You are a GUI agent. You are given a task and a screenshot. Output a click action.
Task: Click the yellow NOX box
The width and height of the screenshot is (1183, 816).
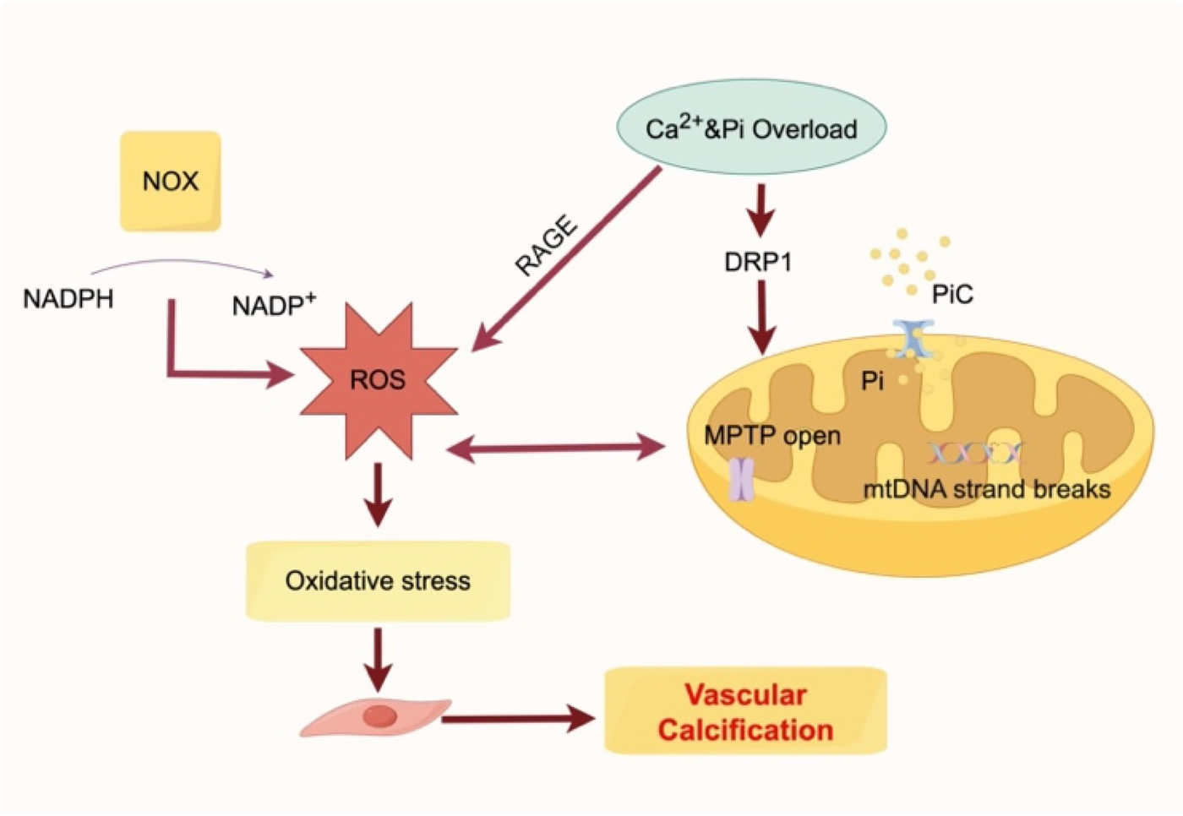170,181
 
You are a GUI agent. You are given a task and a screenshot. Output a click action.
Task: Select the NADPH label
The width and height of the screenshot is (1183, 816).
68,299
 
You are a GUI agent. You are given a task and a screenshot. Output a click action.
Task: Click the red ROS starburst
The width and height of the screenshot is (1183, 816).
378,380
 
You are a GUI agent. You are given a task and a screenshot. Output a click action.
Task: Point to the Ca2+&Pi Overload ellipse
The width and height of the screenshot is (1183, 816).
751,128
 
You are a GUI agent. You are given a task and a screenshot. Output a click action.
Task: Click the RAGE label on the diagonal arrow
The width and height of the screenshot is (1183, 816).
548,247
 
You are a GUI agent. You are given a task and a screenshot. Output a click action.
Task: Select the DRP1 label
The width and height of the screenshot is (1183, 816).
758,263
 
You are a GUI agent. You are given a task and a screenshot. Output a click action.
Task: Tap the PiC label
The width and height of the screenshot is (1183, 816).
952,294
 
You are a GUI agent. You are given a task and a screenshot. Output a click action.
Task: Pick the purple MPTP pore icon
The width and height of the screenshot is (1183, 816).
741,479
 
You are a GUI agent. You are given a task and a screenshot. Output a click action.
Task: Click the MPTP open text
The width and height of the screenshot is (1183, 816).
772,436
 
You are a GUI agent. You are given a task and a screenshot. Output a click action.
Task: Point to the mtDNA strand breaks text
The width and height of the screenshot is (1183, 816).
986,489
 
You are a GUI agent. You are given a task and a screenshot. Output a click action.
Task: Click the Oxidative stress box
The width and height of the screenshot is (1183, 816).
378,581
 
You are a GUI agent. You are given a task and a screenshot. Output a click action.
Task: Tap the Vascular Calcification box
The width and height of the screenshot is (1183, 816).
745,711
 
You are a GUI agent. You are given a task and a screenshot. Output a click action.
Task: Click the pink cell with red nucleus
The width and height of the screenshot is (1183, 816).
377,718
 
